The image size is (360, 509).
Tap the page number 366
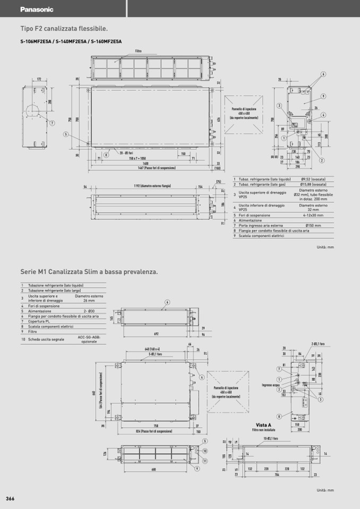(10, 498)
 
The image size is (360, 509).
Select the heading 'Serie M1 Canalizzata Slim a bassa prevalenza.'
(89, 272)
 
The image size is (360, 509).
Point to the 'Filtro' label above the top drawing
(139, 51)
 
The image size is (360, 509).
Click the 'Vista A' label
(264, 425)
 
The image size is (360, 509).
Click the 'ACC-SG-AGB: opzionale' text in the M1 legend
(89, 339)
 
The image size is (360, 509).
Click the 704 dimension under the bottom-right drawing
(277, 474)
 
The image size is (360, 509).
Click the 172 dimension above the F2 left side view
(39, 79)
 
